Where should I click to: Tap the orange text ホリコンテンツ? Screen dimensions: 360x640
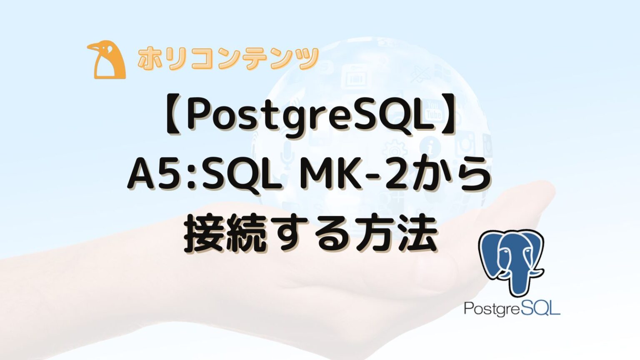227,59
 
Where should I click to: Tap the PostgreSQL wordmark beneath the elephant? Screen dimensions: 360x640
512,309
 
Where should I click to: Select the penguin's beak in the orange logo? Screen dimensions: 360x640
94,47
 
